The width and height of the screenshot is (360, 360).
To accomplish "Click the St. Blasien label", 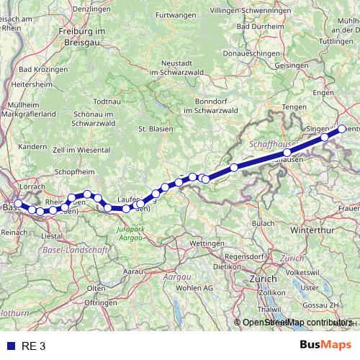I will pyautogui.click(x=154, y=129).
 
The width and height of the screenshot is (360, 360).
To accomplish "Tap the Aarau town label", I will pyautogui.click(x=134, y=271).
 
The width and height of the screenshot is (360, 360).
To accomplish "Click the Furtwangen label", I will pyautogui.click(x=176, y=15).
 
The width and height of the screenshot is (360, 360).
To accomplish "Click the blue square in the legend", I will pyautogui.click(x=9, y=346).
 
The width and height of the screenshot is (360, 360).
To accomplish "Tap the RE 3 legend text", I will pyautogui.click(x=33, y=346).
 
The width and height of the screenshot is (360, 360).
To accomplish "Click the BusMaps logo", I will pyautogui.click(x=326, y=345).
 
